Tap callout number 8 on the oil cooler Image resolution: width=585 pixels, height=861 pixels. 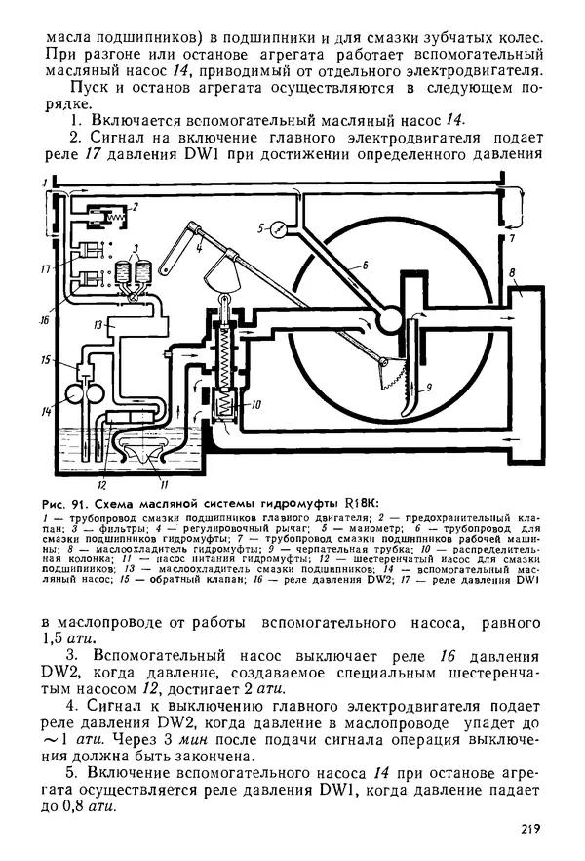pyautogui.click(x=513, y=270)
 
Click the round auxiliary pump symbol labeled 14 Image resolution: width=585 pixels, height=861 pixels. pyautogui.click(x=73, y=395)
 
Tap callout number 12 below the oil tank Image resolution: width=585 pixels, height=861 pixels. pyautogui.click(x=101, y=483)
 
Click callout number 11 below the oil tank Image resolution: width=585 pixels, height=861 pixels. pyautogui.click(x=164, y=483)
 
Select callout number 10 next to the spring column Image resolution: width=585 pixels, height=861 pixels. pyautogui.click(x=256, y=403)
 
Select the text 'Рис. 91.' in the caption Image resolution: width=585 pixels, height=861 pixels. pyautogui.click(x=64, y=501)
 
